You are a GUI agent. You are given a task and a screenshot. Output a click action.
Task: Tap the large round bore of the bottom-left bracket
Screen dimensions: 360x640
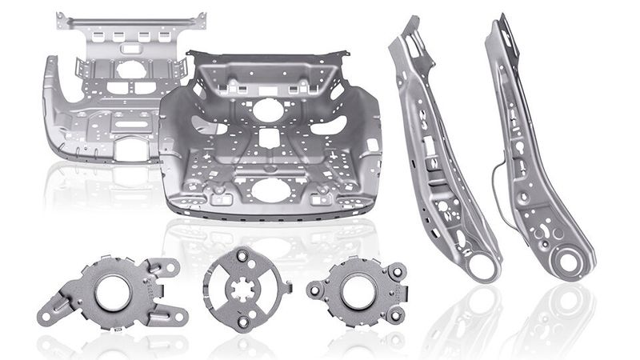(112, 291)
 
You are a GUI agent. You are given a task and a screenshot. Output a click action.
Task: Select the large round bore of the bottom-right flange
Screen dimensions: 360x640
(358, 290)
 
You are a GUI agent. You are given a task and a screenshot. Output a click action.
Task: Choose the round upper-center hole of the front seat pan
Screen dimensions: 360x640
(268, 110)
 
